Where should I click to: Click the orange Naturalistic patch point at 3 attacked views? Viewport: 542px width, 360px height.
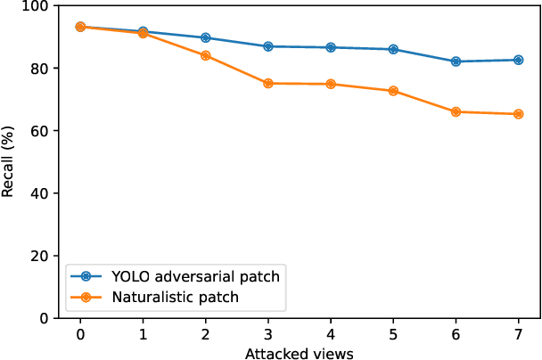pyautogui.click(x=268, y=84)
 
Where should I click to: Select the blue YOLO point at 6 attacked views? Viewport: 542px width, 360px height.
pyautogui.click(x=456, y=61)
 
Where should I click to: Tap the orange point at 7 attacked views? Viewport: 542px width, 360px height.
pyautogui.click(x=519, y=114)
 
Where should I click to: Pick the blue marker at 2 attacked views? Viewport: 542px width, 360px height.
pyautogui.click(x=206, y=37)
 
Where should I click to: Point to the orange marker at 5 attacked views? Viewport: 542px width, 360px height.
pyautogui.click(x=393, y=91)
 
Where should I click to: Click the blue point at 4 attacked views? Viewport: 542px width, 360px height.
pyautogui.click(x=331, y=47)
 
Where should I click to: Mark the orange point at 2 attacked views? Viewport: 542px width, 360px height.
pyautogui.click(x=206, y=55)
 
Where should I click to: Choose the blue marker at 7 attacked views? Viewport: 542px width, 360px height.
pyautogui.click(x=519, y=60)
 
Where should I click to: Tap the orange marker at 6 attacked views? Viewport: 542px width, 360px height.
pyautogui.click(x=456, y=111)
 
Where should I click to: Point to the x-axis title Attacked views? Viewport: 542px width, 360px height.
pyautogui.click(x=300, y=353)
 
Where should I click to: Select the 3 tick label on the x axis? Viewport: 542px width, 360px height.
pyautogui.click(x=268, y=334)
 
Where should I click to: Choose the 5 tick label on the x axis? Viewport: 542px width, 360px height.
pyautogui.click(x=393, y=334)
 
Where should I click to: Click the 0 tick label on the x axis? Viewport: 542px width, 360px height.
pyautogui.click(x=80, y=334)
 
